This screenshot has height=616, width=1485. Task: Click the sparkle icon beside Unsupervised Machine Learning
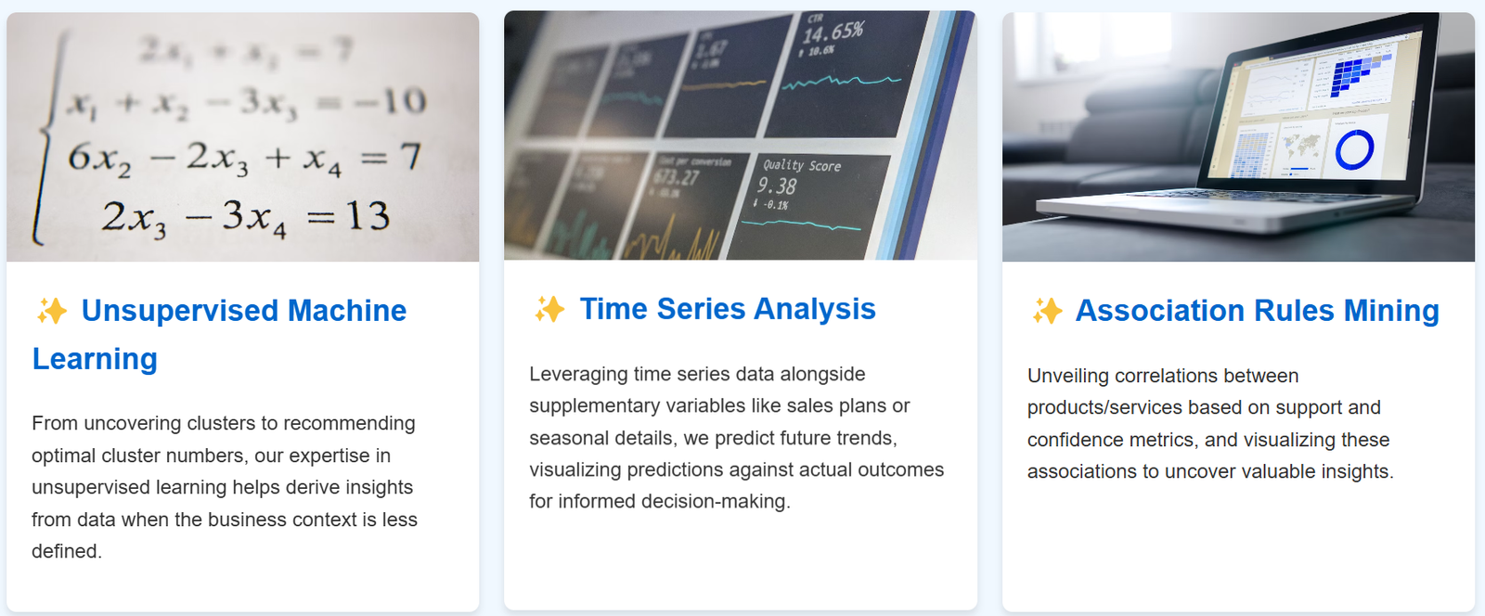[x=52, y=311]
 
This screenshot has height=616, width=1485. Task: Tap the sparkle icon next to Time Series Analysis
[x=549, y=309]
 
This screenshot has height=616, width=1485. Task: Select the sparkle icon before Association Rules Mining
[x=1047, y=311]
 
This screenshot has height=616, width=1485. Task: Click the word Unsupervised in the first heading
[x=179, y=311]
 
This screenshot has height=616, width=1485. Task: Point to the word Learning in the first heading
[x=95, y=359]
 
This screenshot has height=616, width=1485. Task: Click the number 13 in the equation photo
[x=368, y=217]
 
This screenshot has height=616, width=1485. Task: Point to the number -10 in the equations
[x=391, y=101]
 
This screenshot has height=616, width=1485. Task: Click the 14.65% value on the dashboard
[x=833, y=32]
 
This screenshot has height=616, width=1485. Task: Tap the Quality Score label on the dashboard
[x=802, y=166]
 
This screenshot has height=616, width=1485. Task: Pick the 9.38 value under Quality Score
[x=777, y=186]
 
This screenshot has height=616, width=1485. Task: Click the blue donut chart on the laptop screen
[x=1354, y=149]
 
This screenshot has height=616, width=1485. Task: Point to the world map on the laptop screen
[x=1302, y=146]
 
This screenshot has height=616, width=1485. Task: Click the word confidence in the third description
[x=1072, y=440]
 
